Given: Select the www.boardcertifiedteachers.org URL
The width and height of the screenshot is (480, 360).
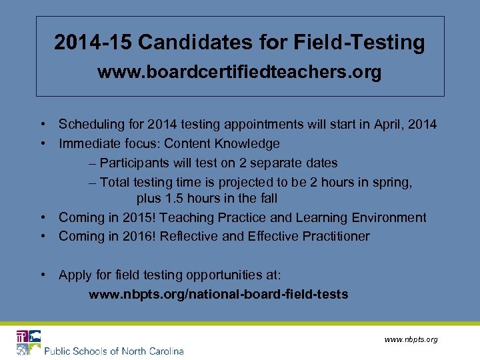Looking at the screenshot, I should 239,72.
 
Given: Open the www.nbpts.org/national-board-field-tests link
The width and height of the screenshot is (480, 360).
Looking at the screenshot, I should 218,294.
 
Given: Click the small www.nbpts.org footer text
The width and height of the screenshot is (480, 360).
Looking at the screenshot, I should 411,339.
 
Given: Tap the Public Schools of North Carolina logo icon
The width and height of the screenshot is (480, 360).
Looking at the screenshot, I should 29,342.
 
